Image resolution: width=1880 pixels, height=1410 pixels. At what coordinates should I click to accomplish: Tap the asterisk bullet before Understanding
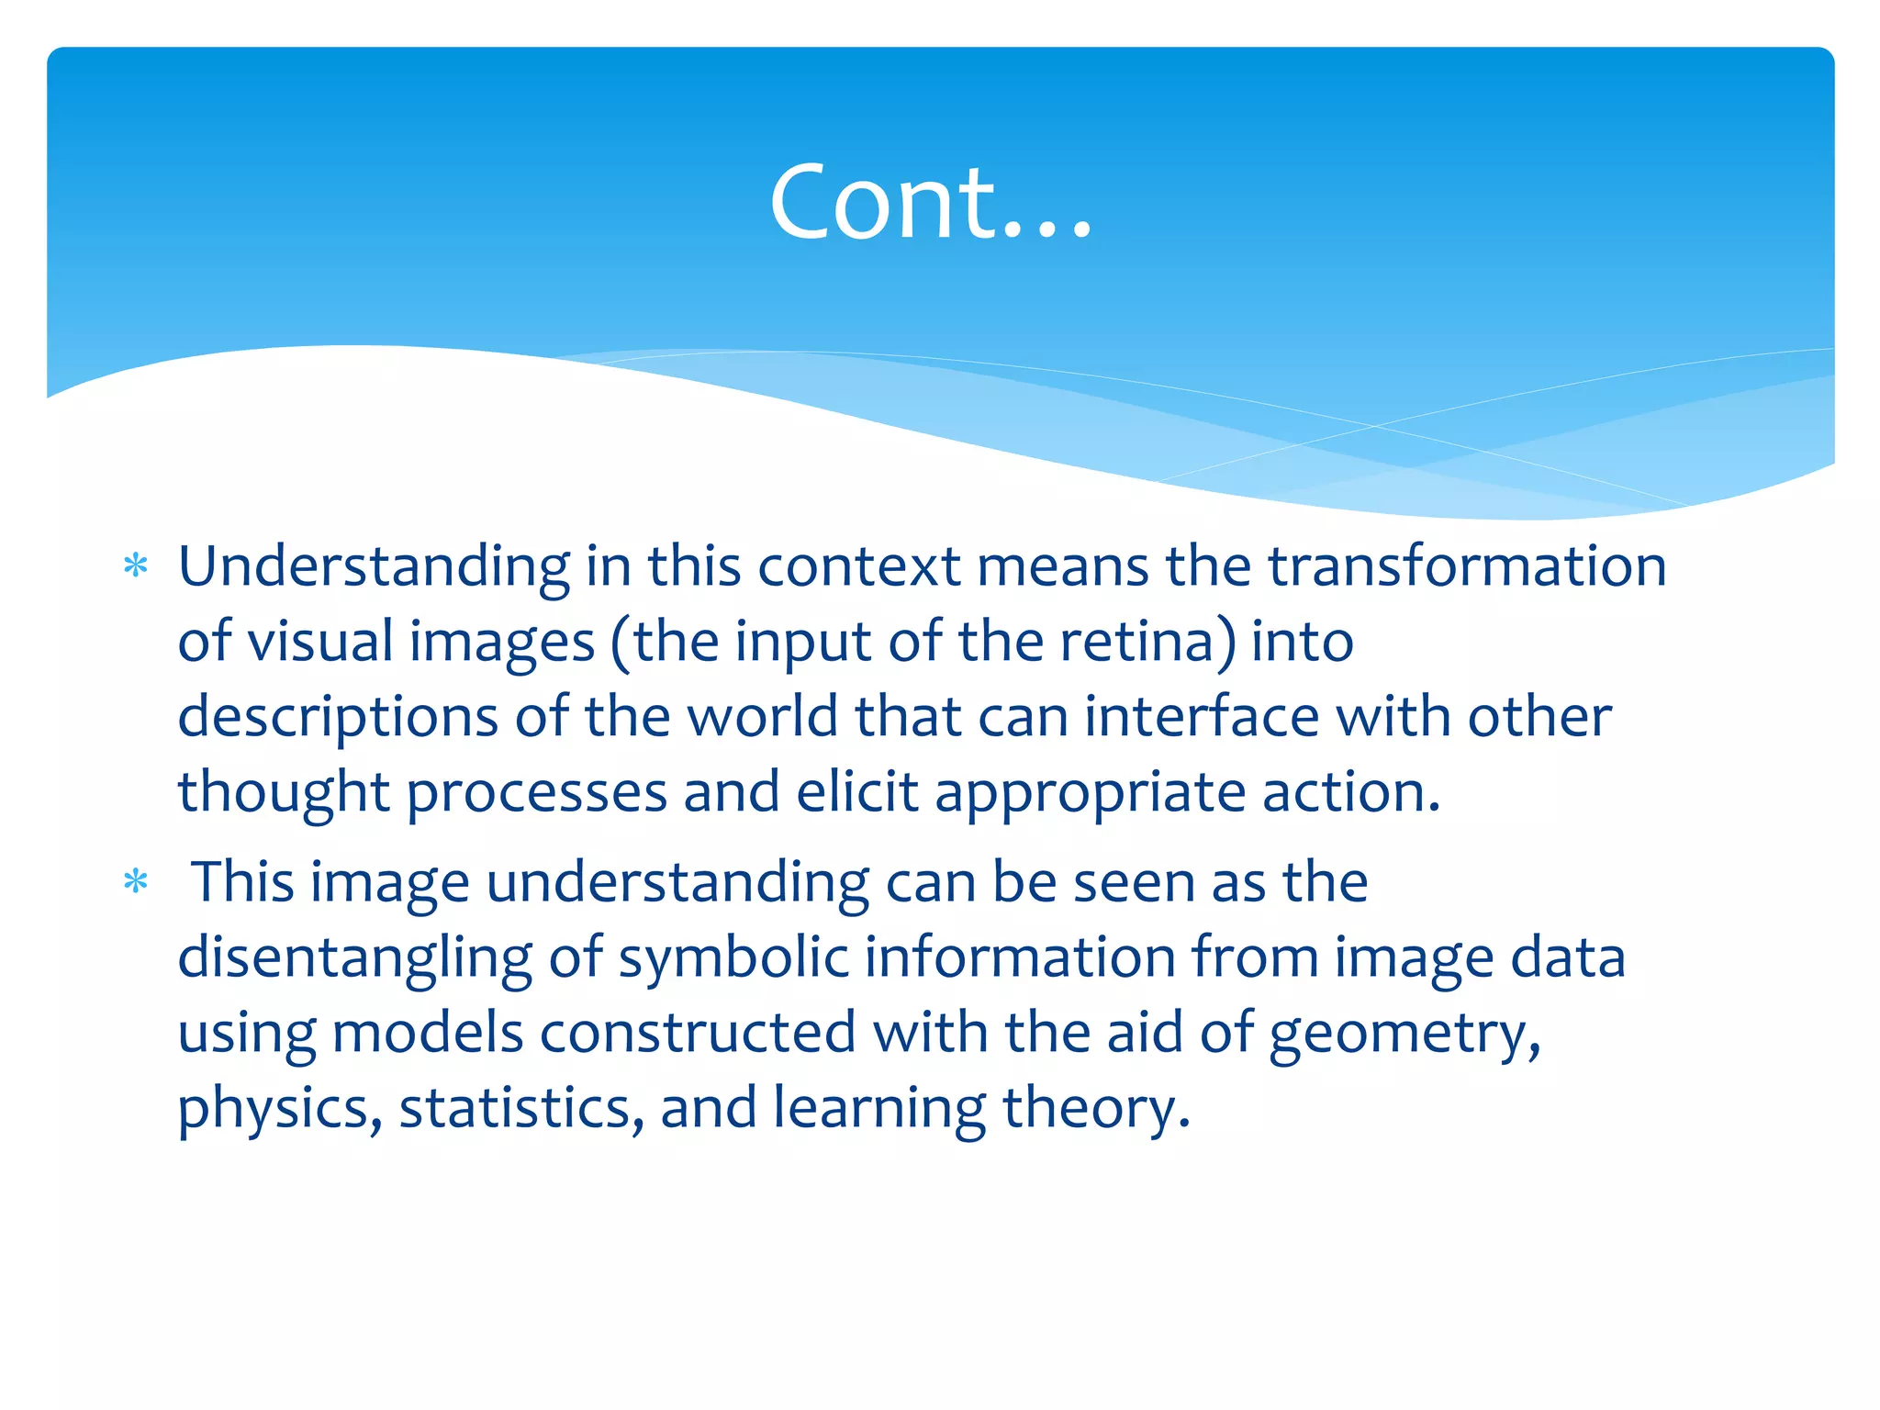click(136, 565)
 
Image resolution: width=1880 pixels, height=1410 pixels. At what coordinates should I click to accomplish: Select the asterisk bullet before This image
click(136, 882)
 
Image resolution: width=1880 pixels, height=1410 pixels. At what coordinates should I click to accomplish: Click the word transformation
click(1467, 565)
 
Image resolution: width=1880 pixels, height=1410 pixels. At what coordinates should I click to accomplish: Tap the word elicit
click(856, 791)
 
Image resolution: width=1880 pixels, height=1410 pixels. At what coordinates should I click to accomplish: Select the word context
click(858, 565)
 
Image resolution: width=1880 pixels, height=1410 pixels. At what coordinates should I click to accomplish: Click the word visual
click(320, 641)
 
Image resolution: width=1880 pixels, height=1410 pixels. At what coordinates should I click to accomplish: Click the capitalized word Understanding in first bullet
click(374, 567)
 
